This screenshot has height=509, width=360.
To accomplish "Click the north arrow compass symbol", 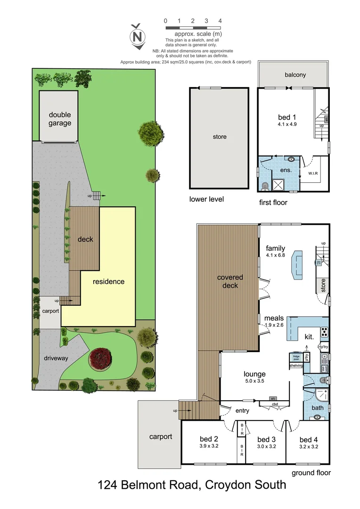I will pos(138,36).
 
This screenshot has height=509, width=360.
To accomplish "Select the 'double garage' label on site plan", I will pos(60,119).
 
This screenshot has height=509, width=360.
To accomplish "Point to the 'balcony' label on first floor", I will pos(295,75).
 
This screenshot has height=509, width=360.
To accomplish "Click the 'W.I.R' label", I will pos(313,173).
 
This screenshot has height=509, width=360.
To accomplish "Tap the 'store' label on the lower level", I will pos(220,137).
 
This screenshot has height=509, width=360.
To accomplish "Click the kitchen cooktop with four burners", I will pos(324,332).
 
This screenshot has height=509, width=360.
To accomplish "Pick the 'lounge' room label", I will pos(254,374).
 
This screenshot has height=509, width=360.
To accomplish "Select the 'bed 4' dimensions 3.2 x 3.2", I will pos(309,446).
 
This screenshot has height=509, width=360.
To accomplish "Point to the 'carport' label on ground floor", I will pos(161,436).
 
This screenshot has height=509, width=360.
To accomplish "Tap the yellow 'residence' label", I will pos(108,282).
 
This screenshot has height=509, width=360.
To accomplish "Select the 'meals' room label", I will pos(274,318).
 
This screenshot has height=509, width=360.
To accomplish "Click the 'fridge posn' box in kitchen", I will pos(296,357).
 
